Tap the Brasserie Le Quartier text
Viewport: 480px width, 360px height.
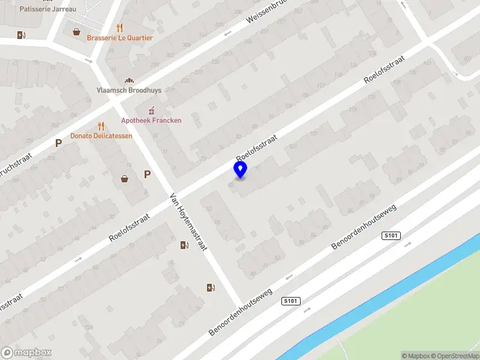pos(120,38)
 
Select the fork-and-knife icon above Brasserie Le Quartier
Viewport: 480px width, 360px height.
pos(120,28)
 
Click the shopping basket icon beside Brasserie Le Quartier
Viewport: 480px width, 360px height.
pos(77,32)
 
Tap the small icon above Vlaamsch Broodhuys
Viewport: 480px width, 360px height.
pos(128,80)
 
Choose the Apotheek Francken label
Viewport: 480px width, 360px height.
pos(151,120)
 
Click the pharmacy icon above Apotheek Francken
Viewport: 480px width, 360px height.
pos(151,110)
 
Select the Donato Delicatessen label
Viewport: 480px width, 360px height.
pos(101,136)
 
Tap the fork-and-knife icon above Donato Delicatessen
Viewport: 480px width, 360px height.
pos(101,126)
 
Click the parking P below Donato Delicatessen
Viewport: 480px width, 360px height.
pos(58,143)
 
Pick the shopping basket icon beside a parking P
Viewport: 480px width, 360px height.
pos(125,178)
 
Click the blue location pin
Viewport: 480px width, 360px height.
pos(240,170)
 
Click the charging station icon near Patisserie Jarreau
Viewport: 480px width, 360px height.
pos(22,35)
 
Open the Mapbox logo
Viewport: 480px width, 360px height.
pos(26,353)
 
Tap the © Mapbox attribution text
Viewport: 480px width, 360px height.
pos(415,356)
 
